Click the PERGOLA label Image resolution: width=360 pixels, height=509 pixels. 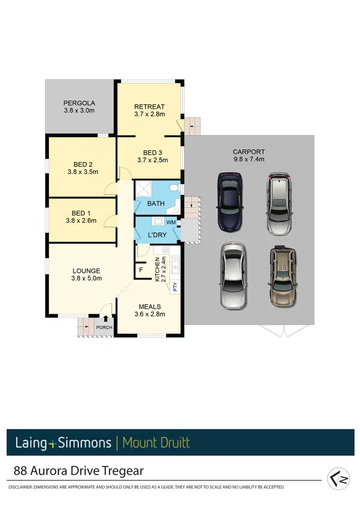79,103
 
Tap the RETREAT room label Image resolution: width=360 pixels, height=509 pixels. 149,107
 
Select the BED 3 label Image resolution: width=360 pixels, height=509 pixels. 149,153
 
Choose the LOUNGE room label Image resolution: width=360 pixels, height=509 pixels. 86,271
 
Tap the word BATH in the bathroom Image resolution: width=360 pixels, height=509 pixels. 156,203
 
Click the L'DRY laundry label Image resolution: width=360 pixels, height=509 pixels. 156,236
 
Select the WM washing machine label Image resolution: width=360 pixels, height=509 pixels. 171,223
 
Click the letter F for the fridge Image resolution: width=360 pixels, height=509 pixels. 141,270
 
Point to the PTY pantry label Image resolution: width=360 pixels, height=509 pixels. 175,287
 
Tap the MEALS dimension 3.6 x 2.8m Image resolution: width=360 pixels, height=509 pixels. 150,314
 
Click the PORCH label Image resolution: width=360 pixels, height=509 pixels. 104,328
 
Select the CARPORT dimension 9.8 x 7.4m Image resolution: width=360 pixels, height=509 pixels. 248,159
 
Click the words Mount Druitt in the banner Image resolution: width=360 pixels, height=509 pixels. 156,442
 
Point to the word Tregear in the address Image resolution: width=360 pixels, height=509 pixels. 123,471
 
